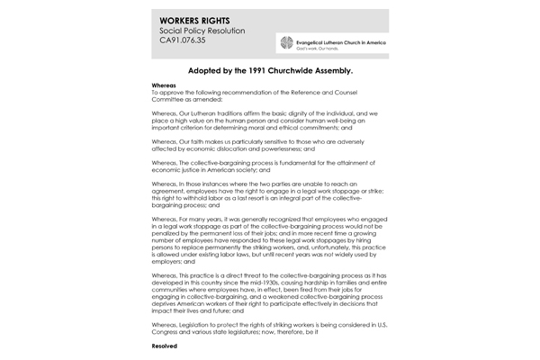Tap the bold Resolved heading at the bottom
coord(165,346)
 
